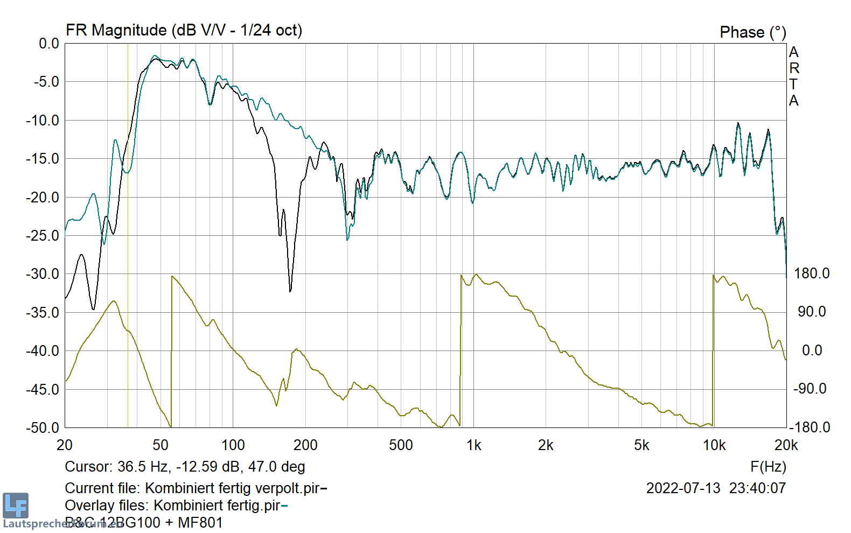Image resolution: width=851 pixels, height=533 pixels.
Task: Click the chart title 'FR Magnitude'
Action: click(116, 30)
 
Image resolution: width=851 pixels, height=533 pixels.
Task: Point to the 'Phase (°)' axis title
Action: click(752, 32)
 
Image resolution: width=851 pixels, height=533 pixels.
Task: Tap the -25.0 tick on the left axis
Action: click(43, 235)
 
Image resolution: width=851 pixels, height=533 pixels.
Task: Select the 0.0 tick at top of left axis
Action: click(49, 44)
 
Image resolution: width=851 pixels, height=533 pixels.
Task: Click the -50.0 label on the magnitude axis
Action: click(43, 427)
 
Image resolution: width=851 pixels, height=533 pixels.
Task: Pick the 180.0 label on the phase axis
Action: click(812, 273)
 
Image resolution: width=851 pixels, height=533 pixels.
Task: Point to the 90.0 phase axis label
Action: click(812, 312)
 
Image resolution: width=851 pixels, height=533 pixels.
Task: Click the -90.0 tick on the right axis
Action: click(810, 389)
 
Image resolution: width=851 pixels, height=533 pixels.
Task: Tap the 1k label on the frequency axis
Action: click(473, 445)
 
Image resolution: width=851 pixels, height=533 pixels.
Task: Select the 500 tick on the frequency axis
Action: click(401, 445)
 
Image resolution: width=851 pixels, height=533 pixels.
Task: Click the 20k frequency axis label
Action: click(786, 445)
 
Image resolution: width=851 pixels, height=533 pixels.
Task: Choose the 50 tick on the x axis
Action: click(161, 445)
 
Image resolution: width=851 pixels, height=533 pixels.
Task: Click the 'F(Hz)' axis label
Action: click(768, 467)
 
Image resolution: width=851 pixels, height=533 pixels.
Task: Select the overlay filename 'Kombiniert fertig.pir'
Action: click(217, 506)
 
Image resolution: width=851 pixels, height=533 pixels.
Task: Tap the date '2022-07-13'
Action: click(683, 488)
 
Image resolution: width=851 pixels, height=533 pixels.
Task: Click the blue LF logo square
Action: click(15, 506)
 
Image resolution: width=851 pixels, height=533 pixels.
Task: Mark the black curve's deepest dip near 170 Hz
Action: click(290, 291)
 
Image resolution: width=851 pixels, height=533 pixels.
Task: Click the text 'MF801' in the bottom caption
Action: click(200, 523)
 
